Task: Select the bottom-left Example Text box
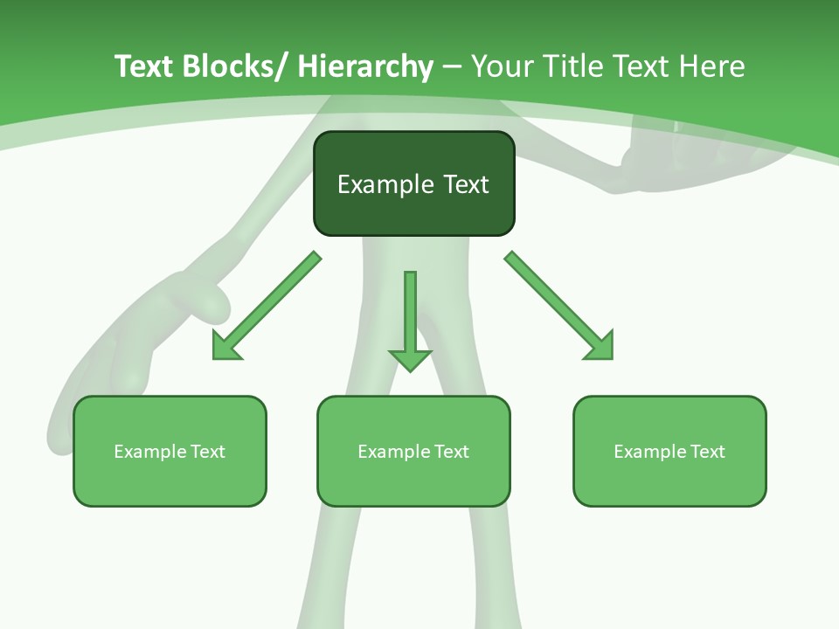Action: click(x=170, y=452)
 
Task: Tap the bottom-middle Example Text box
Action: click(x=413, y=452)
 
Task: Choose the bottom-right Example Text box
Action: click(x=669, y=452)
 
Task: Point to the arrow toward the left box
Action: click(x=266, y=306)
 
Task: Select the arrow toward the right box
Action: click(x=559, y=306)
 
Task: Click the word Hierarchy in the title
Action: click(x=365, y=67)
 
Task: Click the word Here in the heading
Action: click(x=715, y=67)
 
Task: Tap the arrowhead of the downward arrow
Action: click(x=410, y=359)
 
